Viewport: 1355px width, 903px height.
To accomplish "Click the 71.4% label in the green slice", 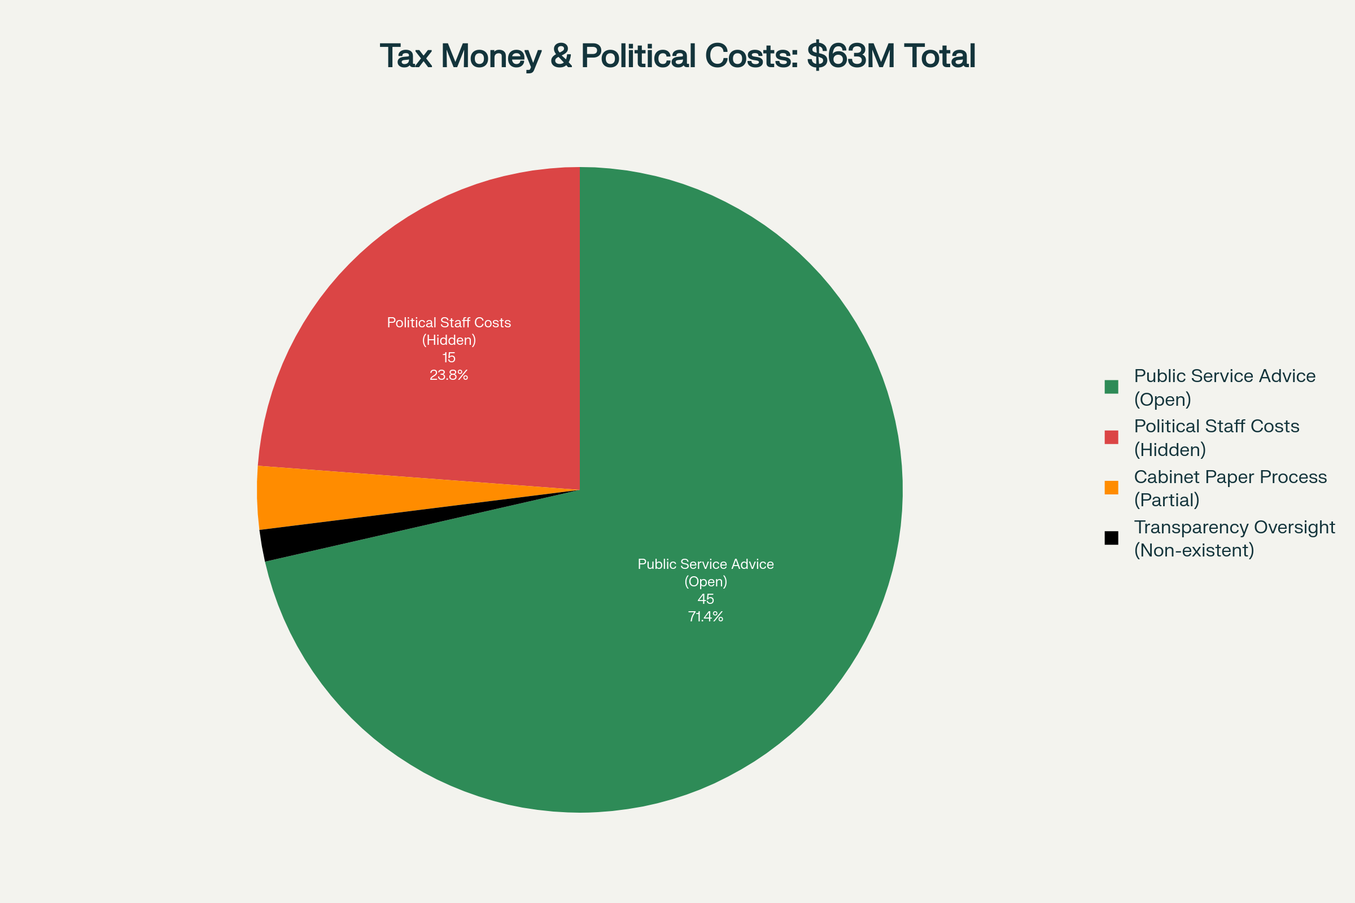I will [705, 617].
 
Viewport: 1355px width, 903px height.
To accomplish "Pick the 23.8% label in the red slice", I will [449, 375].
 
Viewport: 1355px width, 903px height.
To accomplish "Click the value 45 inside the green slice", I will [705, 599].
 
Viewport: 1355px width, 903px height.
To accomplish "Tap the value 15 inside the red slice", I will [449, 358].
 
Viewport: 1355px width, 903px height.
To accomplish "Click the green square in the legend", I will [1111, 387].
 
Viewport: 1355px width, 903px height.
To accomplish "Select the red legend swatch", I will [1111, 437].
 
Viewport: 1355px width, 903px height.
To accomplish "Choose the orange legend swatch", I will [1111, 488].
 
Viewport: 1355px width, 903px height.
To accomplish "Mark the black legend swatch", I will [1111, 538].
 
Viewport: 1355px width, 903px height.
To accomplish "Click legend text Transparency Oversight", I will [1234, 527].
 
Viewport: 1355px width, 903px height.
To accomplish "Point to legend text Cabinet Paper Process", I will [1230, 477].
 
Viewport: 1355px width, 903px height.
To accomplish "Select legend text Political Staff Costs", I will [1216, 426].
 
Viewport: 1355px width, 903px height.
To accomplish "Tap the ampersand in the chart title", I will [561, 56].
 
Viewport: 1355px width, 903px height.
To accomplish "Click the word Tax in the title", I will [406, 56].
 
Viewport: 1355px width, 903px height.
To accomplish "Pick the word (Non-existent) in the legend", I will [1194, 551].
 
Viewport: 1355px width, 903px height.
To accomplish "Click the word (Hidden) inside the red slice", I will [449, 340].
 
